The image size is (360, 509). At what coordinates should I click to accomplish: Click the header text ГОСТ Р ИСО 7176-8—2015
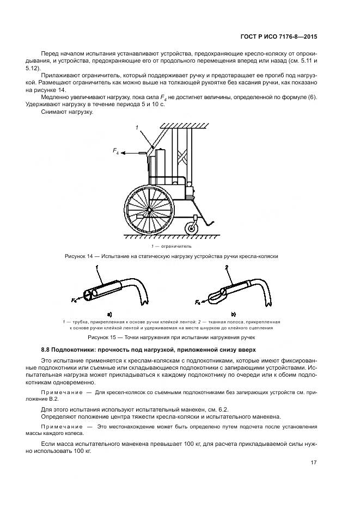pyautogui.click(x=279, y=36)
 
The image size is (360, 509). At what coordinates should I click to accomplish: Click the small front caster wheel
pyautogui.click(x=192, y=226)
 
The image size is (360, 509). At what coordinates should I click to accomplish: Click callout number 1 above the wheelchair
pyautogui.click(x=137, y=127)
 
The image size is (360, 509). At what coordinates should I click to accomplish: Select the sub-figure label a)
pyautogui.click(x=109, y=314)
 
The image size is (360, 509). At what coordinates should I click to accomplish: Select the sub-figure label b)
pyautogui.click(x=233, y=314)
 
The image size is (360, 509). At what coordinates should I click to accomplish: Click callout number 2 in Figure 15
pyautogui.click(x=225, y=267)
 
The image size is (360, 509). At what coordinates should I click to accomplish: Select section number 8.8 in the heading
pyautogui.click(x=46, y=349)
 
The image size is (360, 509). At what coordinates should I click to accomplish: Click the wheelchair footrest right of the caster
pyautogui.click(x=213, y=220)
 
